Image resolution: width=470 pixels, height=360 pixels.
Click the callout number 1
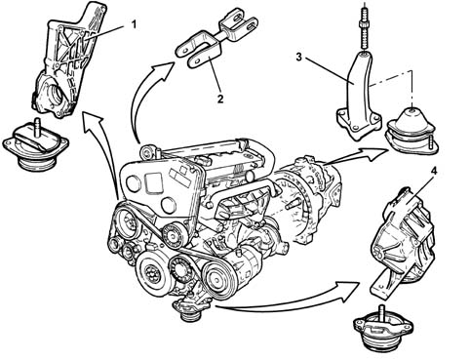(x=134, y=24)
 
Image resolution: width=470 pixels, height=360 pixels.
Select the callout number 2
(x=220, y=99)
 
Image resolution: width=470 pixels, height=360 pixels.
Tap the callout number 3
(x=298, y=57)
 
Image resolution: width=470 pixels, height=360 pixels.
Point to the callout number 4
(x=433, y=172)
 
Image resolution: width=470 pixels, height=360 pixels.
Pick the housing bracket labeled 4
(x=403, y=241)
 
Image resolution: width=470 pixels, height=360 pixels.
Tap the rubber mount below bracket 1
(x=36, y=146)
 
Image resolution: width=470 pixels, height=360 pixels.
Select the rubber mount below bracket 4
(x=383, y=329)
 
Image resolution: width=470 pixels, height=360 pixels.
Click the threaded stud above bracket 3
(x=365, y=27)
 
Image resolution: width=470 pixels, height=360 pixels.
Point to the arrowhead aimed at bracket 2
(x=164, y=69)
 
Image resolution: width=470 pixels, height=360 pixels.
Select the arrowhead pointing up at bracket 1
(x=93, y=122)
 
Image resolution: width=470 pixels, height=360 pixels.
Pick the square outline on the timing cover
(x=153, y=181)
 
